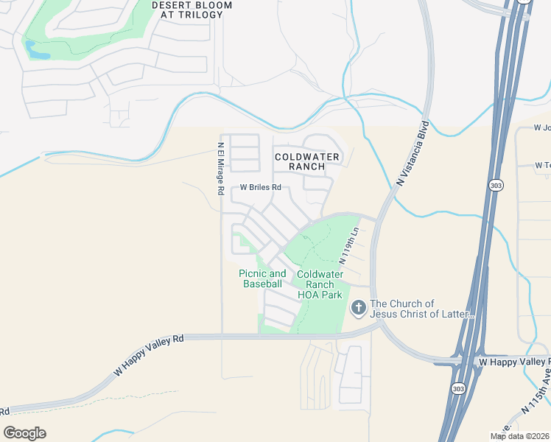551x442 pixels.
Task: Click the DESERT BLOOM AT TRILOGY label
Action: (x=192, y=10)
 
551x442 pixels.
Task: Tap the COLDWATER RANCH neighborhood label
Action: (x=307, y=161)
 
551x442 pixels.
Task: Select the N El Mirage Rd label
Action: (x=220, y=168)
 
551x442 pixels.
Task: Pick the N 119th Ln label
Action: (x=348, y=245)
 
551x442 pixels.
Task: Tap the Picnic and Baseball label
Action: (x=262, y=278)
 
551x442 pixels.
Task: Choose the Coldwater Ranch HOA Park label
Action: (x=320, y=284)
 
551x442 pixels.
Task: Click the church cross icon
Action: (x=359, y=308)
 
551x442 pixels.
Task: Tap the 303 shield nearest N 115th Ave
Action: (x=458, y=387)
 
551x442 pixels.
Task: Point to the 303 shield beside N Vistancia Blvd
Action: (x=496, y=186)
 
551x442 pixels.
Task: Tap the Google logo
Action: (x=24, y=432)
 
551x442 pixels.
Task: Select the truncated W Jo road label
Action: (x=542, y=127)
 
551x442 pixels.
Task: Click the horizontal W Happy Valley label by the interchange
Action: (x=514, y=362)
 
